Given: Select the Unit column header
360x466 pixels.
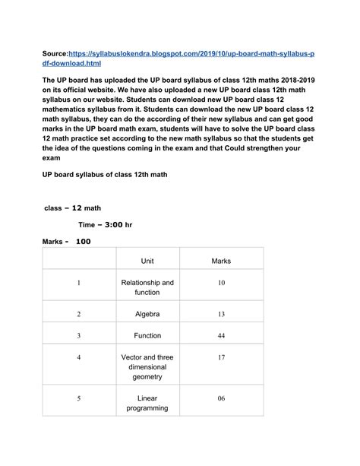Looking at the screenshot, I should click(147, 261).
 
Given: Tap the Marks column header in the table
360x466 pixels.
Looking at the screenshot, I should click(220, 261).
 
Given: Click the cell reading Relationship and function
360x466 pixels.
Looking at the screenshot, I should click(147, 287).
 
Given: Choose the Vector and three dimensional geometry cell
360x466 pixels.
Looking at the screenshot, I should click(147, 366).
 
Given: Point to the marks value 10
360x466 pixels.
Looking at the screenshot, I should click(221, 283).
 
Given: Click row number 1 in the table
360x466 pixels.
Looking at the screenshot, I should click(78, 283).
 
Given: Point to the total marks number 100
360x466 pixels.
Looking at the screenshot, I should click(83, 242).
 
